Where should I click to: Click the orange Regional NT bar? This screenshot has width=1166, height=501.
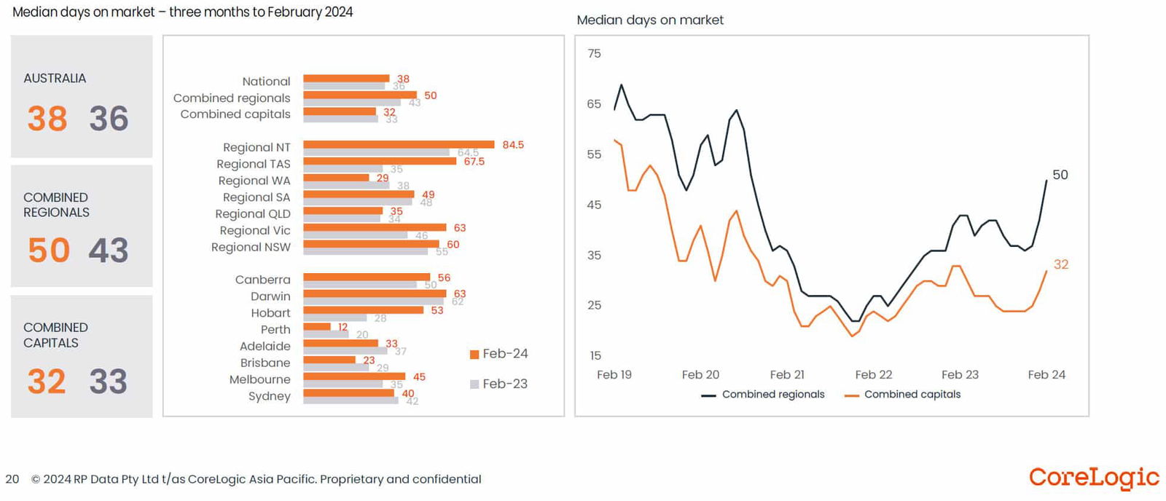point(399,144)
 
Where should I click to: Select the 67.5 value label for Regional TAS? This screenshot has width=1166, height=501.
point(474,162)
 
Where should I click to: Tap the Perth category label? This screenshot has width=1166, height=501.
point(275,330)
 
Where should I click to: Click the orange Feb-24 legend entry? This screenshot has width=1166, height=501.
point(499,354)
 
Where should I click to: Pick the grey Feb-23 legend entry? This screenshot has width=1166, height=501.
point(499,384)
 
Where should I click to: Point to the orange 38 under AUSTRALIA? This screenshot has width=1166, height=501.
point(47,119)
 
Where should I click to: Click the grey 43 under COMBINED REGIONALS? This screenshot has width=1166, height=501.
point(109,250)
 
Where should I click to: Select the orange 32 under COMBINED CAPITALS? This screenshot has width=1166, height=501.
point(47,382)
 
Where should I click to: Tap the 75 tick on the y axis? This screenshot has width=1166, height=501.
point(594,54)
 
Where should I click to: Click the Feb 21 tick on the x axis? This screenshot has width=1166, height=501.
point(787,375)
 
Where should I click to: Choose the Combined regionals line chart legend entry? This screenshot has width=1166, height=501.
point(763,395)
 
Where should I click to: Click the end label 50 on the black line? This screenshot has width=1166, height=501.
point(1060,175)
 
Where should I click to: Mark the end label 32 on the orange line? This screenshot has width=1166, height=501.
point(1061,264)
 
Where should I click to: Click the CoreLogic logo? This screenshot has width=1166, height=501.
point(1094,478)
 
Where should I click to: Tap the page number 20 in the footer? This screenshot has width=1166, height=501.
point(12,479)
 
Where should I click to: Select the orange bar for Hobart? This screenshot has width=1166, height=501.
point(363,310)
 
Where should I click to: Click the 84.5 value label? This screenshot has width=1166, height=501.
point(513,145)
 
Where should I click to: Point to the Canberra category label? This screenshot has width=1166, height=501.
point(262,280)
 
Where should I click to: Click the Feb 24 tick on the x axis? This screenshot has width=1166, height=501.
point(1046,375)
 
